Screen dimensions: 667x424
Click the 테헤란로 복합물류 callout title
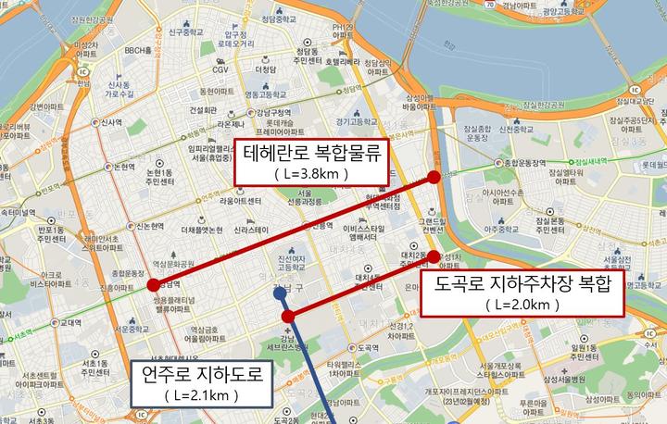click(312, 153)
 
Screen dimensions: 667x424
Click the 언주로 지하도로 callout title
click(203, 374)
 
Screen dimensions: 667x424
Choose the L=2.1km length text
click(203, 395)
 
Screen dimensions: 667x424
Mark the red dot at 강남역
click(153, 285)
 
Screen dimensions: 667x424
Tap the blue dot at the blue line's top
click(280, 293)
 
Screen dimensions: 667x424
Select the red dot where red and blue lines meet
click(288, 318)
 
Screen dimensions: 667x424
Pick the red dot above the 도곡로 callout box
click(433, 256)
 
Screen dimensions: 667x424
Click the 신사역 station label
click(112, 121)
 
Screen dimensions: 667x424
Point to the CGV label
click(220, 69)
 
